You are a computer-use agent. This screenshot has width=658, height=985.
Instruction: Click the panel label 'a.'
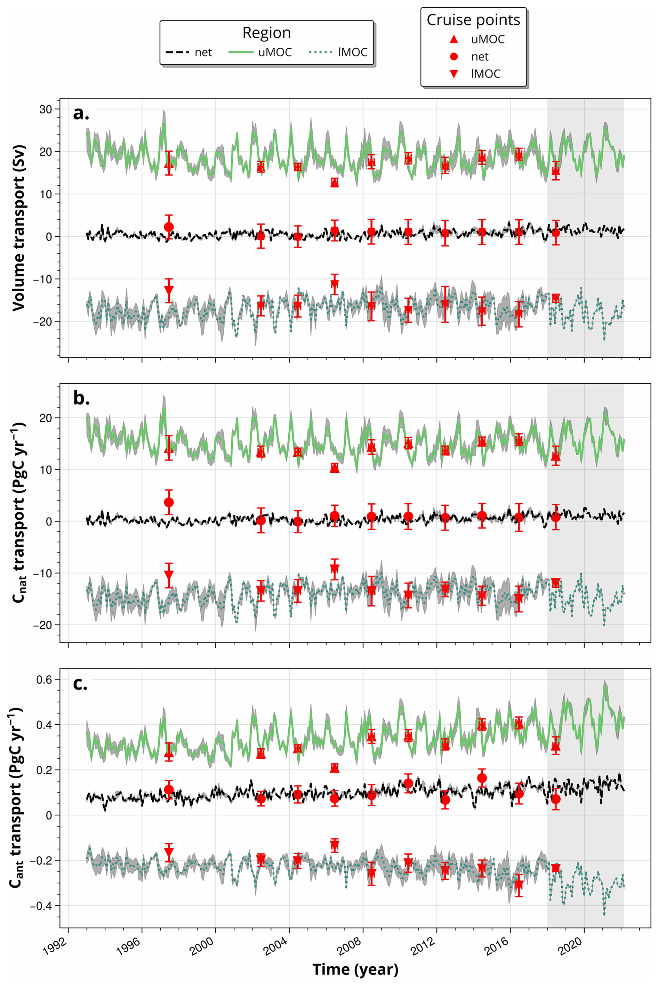coord(81,113)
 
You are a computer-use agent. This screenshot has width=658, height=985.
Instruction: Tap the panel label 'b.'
coord(81,398)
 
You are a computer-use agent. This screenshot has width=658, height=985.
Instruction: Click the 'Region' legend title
coord(266,33)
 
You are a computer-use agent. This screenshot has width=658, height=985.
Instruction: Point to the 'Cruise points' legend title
coord(473,20)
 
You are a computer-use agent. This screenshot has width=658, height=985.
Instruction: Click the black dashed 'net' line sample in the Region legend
coord(177,52)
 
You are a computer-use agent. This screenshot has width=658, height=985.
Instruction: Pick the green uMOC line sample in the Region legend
coord(241,52)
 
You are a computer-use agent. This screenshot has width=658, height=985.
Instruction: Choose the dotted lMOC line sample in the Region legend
coord(321,52)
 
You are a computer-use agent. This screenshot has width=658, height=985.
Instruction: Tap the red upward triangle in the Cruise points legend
coord(454,39)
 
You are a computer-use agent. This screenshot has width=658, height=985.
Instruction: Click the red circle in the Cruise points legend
coord(454,56)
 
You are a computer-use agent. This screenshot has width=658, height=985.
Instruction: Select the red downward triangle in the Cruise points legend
coord(454,74)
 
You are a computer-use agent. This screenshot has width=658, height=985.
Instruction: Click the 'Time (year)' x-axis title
coord(355,969)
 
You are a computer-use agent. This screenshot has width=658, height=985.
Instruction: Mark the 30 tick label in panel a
coord(46,109)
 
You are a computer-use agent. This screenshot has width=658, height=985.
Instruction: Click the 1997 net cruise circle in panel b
coord(169,502)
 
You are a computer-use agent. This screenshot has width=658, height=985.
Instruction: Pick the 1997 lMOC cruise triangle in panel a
coord(169,290)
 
